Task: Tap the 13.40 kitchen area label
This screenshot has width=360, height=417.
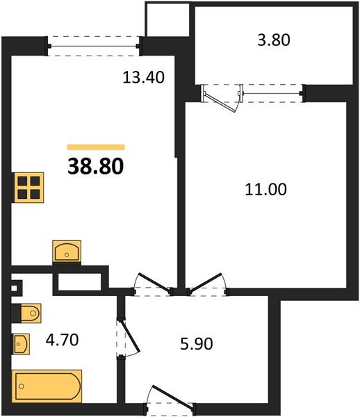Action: [143, 77]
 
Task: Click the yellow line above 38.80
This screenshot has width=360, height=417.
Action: [95, 147]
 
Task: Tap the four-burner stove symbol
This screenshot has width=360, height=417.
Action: [28, 187]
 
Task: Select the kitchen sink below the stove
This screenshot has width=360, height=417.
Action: [67, 251]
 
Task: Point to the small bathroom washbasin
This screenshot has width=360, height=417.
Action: [22, 343]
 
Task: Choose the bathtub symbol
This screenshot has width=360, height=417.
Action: [47, 386]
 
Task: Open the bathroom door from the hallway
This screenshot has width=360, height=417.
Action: [124, 338]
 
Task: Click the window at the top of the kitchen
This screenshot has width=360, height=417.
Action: [95, 45]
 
